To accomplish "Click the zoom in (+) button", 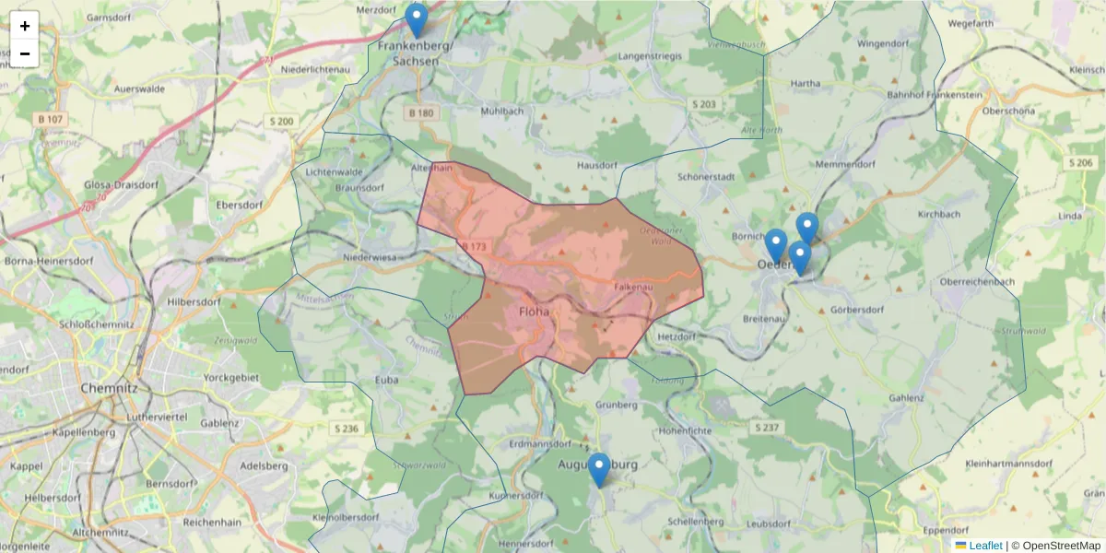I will (x=25, y=26).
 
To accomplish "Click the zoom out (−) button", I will (x=25, y=53).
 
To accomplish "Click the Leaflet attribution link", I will (x=984, y=546).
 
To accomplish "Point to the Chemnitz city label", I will (x=109, y=388).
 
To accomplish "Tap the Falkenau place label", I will (x=633, y=288).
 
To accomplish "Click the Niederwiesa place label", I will (x=369, y=258).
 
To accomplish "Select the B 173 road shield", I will (x=474, y=247).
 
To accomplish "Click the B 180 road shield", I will (x=418, y=112).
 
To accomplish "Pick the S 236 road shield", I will (x=346, y=429).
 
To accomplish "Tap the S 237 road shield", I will (x=766, y=428).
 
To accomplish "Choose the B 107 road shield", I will (x=52, y=120).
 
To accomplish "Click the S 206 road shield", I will (x=1081, y=162).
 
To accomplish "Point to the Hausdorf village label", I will (x=596, y=166).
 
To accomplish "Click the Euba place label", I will (x=387, y=379).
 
